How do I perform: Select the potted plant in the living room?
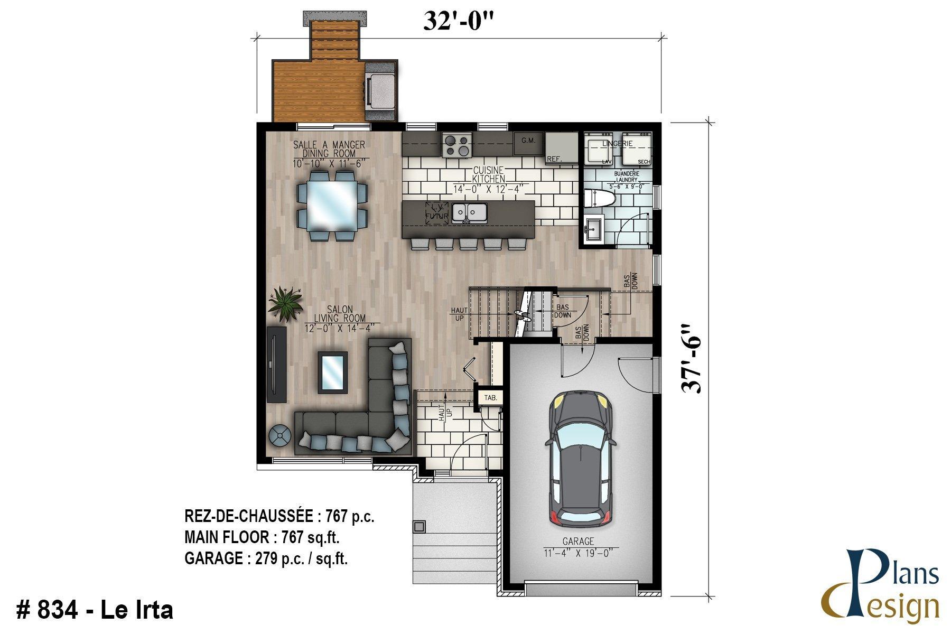[286, 304]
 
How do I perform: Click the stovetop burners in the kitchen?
[457, 145]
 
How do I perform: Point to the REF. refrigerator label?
[554, 158]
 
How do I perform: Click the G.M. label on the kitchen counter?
[528, 141]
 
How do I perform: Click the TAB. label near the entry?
[490, 398]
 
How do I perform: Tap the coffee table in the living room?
[333, 372]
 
